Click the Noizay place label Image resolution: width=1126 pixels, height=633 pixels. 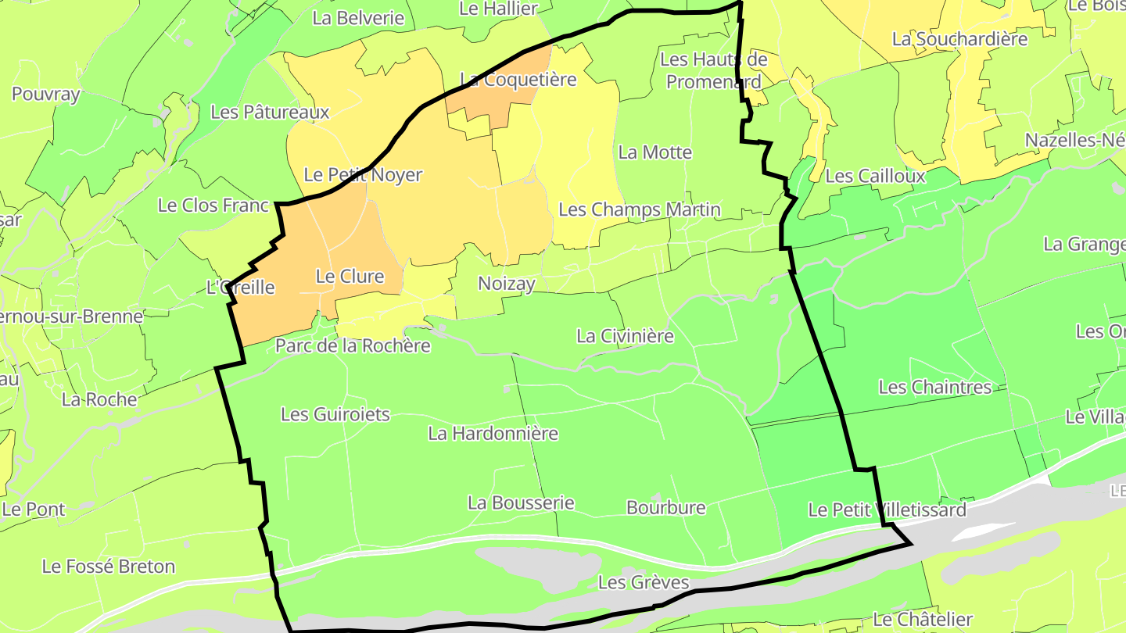click(506, 284)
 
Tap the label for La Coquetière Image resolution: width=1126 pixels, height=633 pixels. click(518, 80)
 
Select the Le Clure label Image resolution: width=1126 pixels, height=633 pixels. click(350, 276)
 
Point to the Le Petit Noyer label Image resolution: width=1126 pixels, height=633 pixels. click(363, 175)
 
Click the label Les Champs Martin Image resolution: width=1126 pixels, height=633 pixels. click(640, 209)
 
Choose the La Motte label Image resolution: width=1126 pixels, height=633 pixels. click(654, 152)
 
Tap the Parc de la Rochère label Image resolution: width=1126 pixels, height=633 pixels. click(353, 345)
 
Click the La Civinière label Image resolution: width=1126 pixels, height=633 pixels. click(625, 336)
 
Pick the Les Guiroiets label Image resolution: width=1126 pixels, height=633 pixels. click(335, 414)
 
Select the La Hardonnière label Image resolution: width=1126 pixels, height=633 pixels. click(493, 433)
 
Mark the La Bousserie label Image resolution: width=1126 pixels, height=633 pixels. click(521, 503)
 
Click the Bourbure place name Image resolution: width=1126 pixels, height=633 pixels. click(665, 508)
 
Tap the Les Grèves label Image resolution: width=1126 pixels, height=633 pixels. click(644, 582)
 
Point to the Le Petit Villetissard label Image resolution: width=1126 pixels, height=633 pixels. click(887, 510)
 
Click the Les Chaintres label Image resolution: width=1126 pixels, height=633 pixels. click(934, 387)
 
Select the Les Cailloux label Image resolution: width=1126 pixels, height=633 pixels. click(875, 176)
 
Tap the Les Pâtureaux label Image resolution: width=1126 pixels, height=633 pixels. click(270, 113)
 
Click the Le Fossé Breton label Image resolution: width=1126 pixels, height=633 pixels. click(109, 567)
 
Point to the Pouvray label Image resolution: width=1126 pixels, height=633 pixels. click(46, 95)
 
